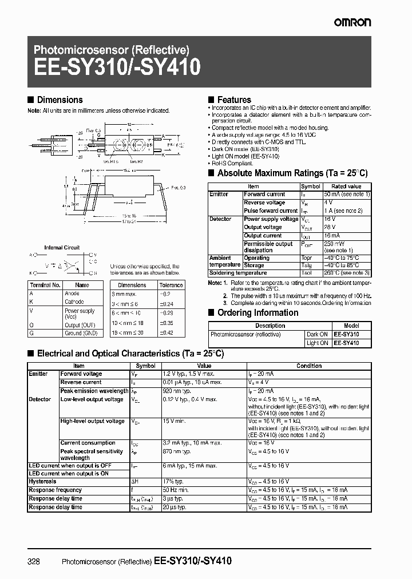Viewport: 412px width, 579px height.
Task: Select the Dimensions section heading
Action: click(60, 100)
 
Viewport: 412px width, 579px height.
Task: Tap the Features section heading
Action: click(233, 100)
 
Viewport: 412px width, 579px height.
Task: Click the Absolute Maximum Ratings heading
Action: click(292, 173)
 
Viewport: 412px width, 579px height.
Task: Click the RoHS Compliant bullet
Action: click(232, 163)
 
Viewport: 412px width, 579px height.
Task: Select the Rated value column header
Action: click(347, 187)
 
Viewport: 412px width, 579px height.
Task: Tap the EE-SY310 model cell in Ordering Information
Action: click(347, 334)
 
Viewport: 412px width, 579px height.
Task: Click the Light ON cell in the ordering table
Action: click(317, 343)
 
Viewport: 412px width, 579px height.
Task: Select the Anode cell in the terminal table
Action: click(72, 294)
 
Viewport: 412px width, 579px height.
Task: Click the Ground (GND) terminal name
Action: click(81, 332)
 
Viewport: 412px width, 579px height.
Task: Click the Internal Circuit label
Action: click(62, 248)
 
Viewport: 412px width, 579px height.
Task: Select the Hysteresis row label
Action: click(43, 482)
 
